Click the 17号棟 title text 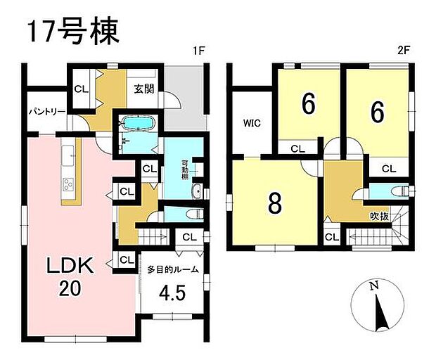[75, 32]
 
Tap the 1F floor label [200, 52]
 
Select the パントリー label [46, 112]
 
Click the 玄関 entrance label [145, 89]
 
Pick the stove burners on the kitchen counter [69, 185]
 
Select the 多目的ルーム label [173, 269]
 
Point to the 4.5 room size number [172, 292]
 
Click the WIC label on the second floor [252, 123]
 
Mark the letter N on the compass [375, 285]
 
